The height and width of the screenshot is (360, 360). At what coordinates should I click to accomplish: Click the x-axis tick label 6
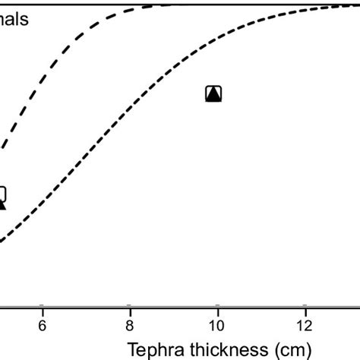point(43,324)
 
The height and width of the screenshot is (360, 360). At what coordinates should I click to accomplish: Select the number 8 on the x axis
point(130,324)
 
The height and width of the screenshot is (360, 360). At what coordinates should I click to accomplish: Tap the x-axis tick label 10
point(217,324)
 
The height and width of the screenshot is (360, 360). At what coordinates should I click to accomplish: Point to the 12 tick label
point(305,324)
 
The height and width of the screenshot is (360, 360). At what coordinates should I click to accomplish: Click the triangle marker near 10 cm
point(213,93)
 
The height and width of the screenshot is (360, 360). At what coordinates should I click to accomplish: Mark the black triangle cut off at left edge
point(2,203)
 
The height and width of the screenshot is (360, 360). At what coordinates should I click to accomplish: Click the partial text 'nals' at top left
point(14,20)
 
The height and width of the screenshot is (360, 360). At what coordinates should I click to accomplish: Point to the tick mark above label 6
point(43,306)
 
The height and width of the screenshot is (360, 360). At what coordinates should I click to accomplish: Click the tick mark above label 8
point(130,306)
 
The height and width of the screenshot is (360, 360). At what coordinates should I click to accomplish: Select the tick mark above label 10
point(217,306)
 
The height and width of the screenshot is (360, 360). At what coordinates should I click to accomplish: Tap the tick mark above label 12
point(305,306)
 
